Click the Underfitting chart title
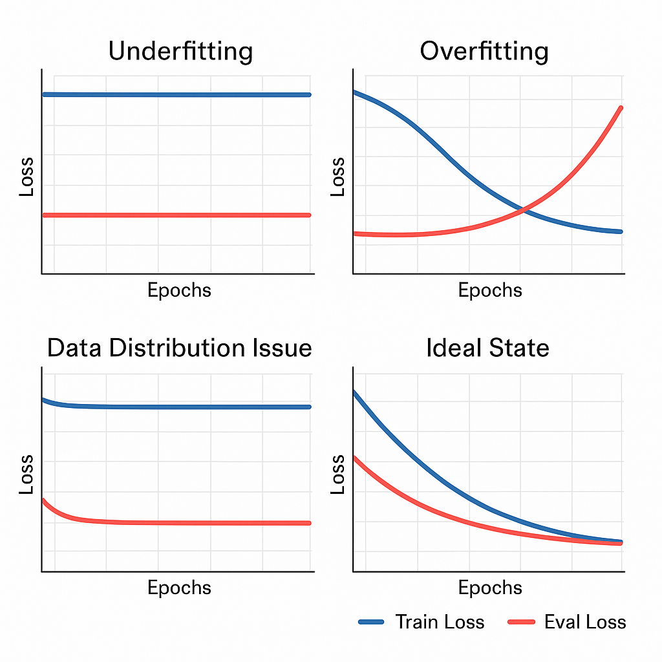pos(180,51)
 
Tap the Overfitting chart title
pos(484,51)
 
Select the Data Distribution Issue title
pos(179,348)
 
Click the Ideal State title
pos(487,348)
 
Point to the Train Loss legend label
pos(440,622)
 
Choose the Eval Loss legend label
pos(585,622)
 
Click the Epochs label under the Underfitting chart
pos(179,290)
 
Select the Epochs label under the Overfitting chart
pos(490,290)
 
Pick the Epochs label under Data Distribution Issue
pos(179,588)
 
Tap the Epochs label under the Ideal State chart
pos(490,588)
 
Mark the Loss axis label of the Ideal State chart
pos(337,475)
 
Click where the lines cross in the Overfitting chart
pos(524,209)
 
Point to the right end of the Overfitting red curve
pos(621,108)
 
